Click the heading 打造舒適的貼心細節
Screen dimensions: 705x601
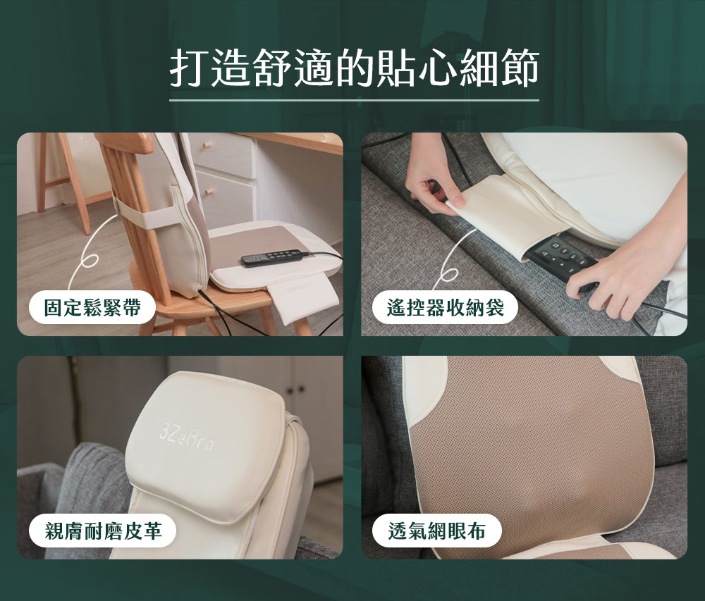click(x=355, y=68)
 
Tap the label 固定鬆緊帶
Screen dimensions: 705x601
click(x=92, y=308)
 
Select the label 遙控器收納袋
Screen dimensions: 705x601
click(x=445, y=308)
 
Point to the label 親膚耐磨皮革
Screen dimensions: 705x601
click(x=103, y=531)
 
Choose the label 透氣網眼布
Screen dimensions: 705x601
click(x=436, y=531)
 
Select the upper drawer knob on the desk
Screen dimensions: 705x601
click(x=207, y=144)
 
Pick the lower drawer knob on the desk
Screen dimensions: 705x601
click(x=207, y=192)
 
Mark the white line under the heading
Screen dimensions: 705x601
click(x=355, y=100)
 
